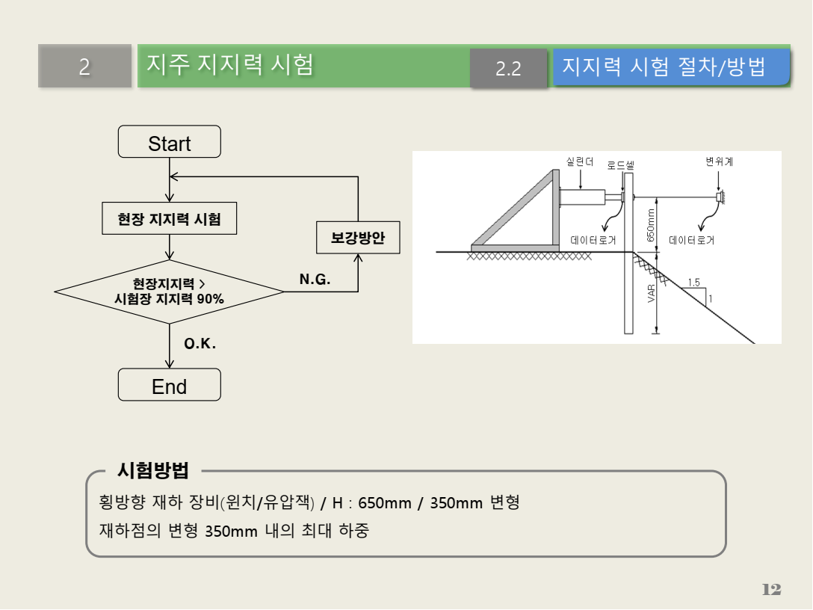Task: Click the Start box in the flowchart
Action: tap(169, 142)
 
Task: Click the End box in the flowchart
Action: tap(169, 385)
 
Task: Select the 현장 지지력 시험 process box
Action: tap(169, 220)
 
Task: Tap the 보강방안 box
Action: tap(358, 238)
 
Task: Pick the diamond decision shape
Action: tap(169, 292)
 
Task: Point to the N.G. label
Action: tap(315, 279)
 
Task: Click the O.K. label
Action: tap(200, 344)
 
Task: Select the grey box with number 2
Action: tap(84, 67)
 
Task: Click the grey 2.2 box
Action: tap(508, 69)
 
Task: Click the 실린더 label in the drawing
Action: tap(580, 161)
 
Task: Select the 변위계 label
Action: tap(719, 161)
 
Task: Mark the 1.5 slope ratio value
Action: tap(693, 283)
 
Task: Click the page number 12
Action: tap(771, 590)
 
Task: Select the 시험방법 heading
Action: tap(153, 470)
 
